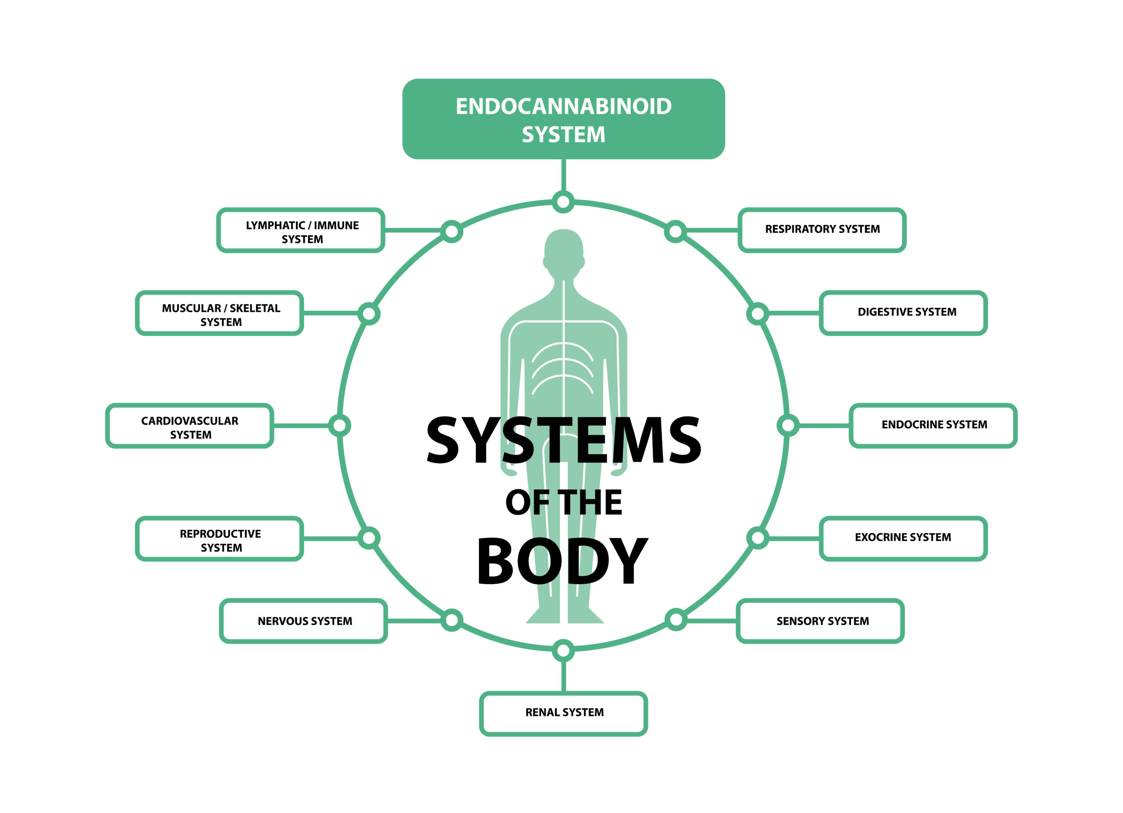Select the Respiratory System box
click(x=822, y=230)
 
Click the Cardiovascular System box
click(x=190, y=425)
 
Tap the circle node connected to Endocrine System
click(x=787, y=425)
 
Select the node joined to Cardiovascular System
click(x=340, y=425)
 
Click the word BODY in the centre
click(x=562, y=561)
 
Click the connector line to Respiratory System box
click(x=712, y=230)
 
